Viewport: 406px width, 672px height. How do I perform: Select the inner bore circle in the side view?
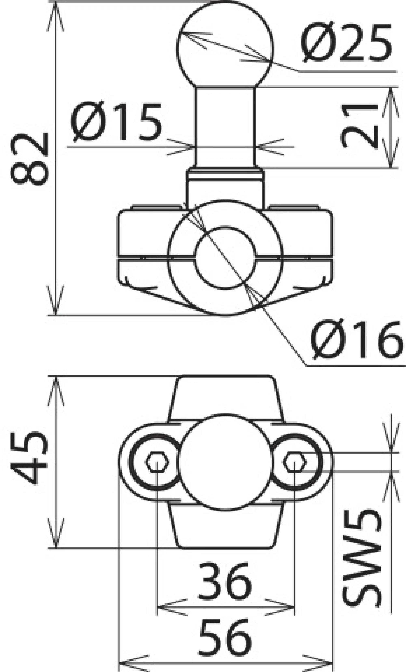[x=225, y=258]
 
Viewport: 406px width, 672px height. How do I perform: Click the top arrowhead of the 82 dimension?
[x=55, y=14]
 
